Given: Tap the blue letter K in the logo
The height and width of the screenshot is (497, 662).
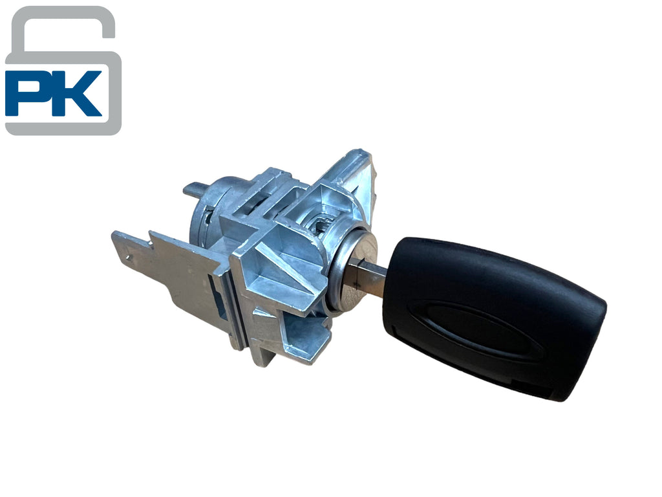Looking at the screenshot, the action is click(76, 93).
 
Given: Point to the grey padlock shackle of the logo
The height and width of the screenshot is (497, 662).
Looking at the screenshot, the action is click(63, 25).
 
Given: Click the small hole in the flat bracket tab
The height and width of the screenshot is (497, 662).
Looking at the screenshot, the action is click(129, 256).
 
